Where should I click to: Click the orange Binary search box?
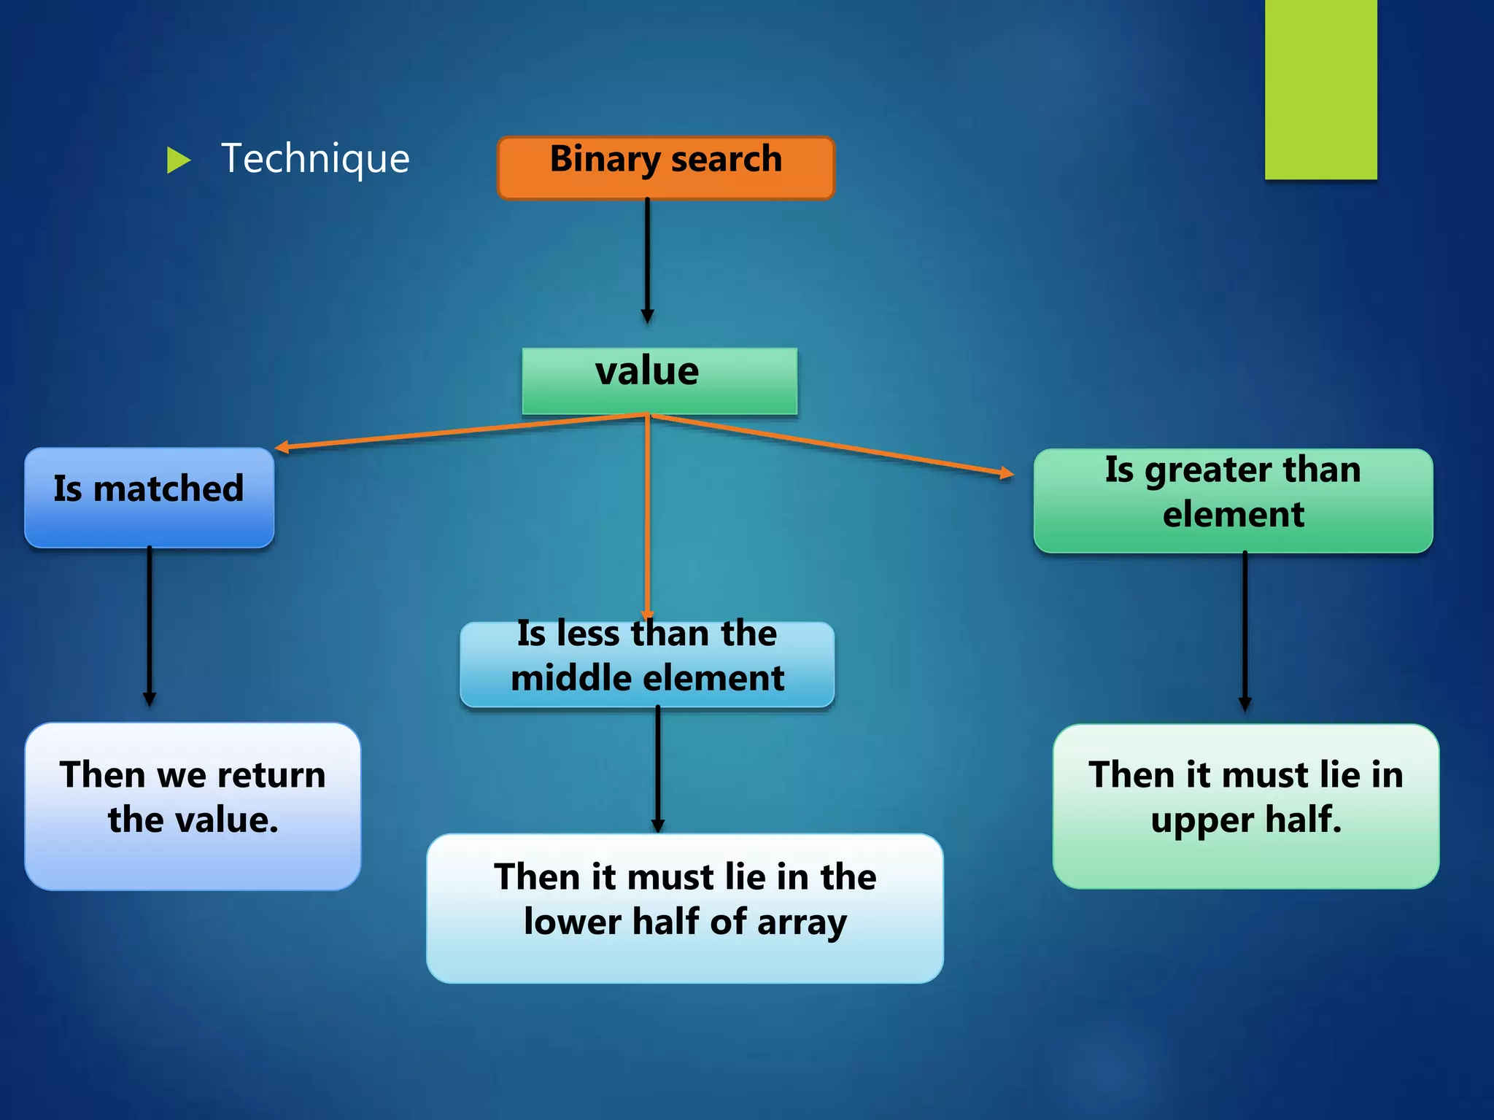coord(665,168)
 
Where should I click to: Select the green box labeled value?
coord(659,381)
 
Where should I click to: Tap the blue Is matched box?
coord(149,497)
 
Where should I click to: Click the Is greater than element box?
coord(1233,500)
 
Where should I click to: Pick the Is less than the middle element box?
coord(646,664)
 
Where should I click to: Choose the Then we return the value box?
coord(193,806)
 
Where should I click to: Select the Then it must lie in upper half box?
coord(1245,806)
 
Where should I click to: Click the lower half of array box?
coord(684,908)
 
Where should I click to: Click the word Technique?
coord(315,159)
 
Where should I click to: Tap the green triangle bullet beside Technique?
coord(177,160)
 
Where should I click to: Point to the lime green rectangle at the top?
coord(1320,89)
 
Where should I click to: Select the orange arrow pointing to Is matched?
coord(460,432)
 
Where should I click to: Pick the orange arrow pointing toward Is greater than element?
coord(832,445)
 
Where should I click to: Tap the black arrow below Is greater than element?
coord(1245,631)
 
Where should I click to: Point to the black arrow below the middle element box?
coord(657,769)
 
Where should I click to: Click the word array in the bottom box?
coord(802,922)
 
